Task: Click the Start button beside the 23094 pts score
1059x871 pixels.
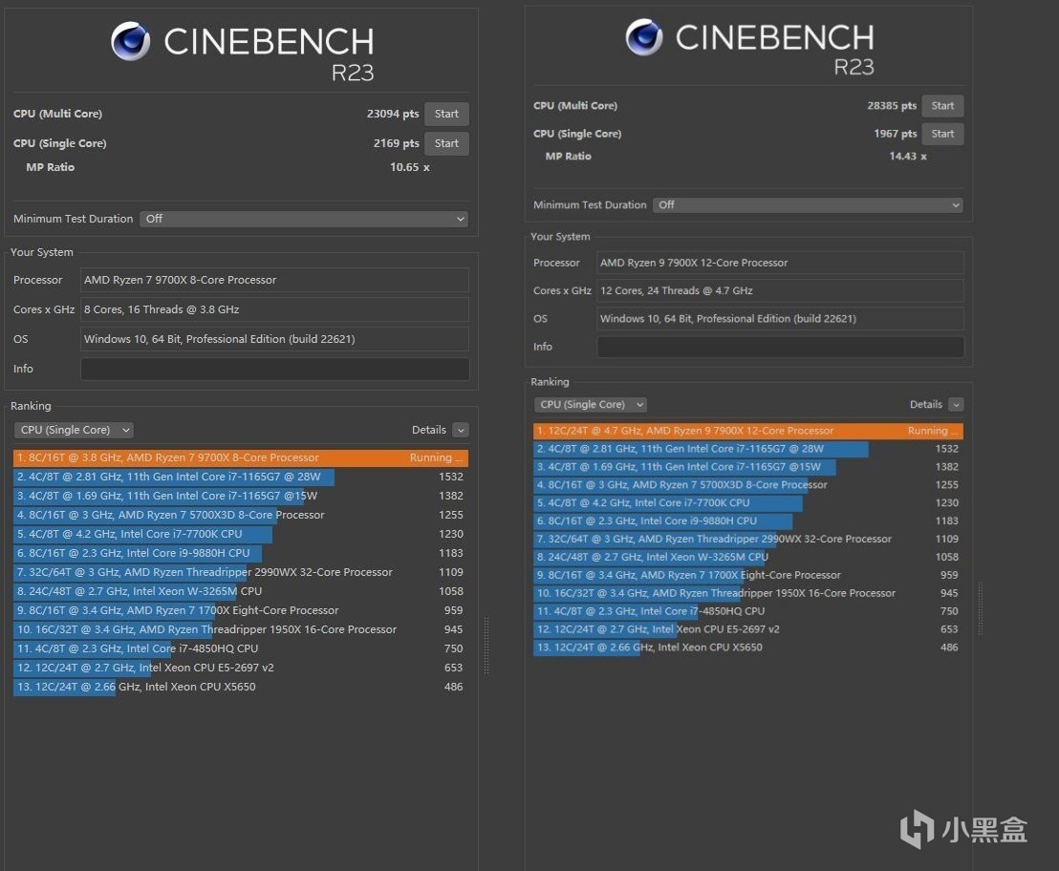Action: click(x=446, y=114)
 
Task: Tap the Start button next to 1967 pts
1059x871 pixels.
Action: click(x=942, y=134)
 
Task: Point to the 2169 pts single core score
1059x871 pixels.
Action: click(x=396, y=143)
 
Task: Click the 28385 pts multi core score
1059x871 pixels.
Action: click(x=892, y=106)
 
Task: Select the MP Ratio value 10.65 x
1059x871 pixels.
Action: click(x=410, y=167)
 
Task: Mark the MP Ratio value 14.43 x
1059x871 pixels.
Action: click(x=907, y=156)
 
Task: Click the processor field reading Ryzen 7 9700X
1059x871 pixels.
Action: click(x=274, y=280)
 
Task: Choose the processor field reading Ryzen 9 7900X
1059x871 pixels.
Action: click(x=779, y=263)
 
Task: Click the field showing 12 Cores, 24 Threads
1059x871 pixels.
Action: click(x=779, y=290)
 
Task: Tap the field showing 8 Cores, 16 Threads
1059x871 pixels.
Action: click(x=274, y=309)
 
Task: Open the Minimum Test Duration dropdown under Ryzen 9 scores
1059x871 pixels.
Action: click(x=807, y=204)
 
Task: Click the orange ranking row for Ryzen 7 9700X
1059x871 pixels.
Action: click(x=240, y=457)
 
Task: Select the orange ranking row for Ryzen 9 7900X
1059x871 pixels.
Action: click(x=747, y=431)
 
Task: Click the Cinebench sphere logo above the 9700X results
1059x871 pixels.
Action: click(x=130, y=41)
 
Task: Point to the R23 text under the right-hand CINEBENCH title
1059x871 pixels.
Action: click(x=854, y=66)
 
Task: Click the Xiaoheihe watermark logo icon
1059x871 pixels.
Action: click(x=918, y=828)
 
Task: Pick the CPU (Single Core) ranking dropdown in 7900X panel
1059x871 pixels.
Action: click(x=590, y=404)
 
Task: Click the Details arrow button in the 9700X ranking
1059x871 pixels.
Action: click(x=461, y=430)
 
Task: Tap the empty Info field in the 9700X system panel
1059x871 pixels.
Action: click(x=274, y=369)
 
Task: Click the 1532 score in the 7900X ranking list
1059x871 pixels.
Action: click(x=946, y=449)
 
